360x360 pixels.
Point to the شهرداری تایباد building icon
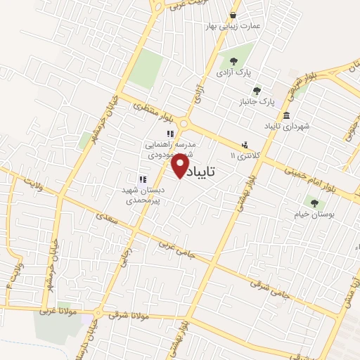coord(286,115)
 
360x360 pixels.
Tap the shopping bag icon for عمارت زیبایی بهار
coord(233,15)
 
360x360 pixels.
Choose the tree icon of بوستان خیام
coord(314,202)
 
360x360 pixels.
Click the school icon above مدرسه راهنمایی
coord(169,133)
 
